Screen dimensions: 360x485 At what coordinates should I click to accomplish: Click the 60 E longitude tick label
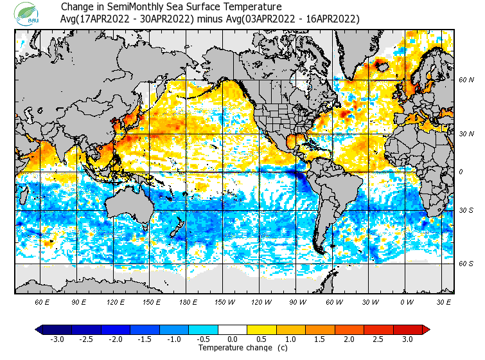click(42, 301)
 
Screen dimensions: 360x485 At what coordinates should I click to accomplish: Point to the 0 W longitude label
click(407, 301)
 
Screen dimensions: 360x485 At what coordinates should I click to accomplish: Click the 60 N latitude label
click(466, 80)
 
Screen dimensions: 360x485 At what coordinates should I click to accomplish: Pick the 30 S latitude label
click(466, 211)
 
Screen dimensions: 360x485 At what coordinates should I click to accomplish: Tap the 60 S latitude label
click(466, 264)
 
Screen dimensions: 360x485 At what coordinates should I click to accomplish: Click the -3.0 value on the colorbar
click(57, 339)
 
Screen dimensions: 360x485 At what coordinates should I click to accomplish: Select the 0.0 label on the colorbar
click(233, 339)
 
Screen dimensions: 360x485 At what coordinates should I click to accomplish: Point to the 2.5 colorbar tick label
click(378, 339)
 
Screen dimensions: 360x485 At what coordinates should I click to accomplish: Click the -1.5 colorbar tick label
click(145, 339)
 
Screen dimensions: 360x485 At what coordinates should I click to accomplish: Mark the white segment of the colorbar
click(233, 329)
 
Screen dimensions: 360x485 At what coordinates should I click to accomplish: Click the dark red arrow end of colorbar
click(426, 329)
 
